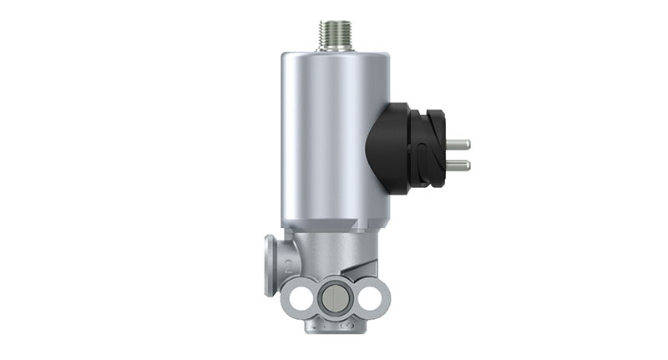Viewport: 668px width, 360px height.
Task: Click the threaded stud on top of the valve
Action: tap(334, 36)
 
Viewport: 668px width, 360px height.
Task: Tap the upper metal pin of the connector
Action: tap(457, 145)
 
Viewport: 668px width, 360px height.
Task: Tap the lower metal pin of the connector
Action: tap(457, 165)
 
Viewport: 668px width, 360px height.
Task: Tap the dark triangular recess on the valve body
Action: tap(364, 268)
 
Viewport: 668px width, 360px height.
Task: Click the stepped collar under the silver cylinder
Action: tap(334, 227)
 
